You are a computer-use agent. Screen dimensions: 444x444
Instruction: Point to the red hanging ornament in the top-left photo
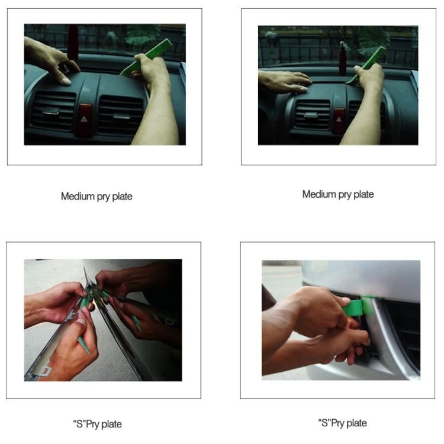coord(73,41)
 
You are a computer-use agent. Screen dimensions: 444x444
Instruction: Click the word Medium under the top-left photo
coord(77,197)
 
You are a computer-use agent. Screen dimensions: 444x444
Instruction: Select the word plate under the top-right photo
coord(362,194)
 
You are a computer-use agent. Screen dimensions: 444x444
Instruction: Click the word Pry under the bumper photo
coord(336,423)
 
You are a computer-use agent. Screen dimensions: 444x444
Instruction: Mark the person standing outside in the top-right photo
coord(271,39)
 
